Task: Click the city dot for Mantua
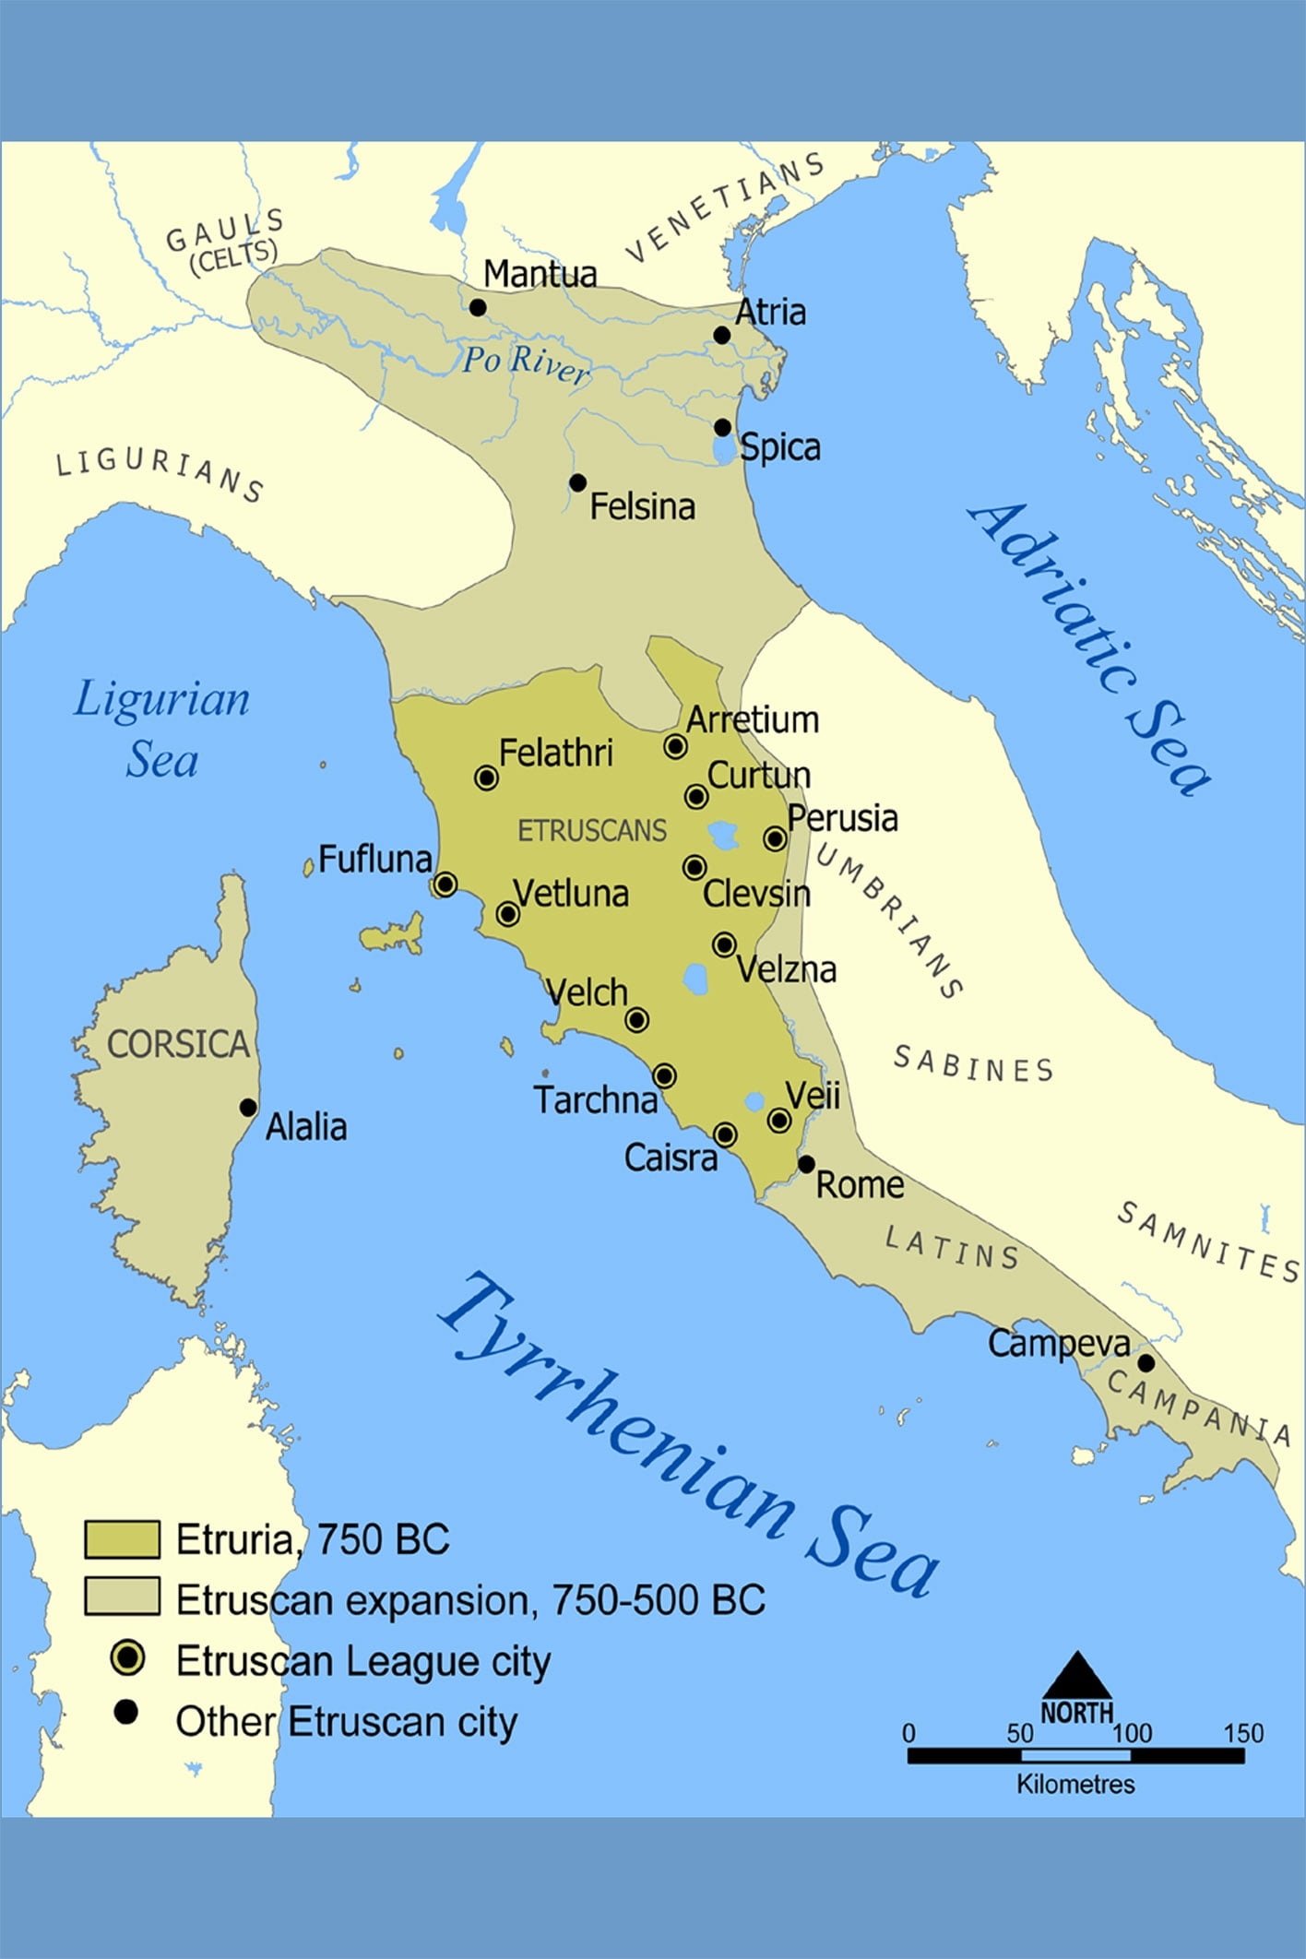[478, 307]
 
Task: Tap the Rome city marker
[806, 1164]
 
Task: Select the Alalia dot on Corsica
[248, 1107]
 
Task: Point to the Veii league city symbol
[779, 1121]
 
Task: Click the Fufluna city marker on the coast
[445, 885]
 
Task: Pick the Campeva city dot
[1146, 1362]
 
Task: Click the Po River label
[524, 362]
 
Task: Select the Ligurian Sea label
[161, 729]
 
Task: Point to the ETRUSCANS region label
[591, 831]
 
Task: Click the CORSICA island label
[178, 1044]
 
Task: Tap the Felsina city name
[642, 506]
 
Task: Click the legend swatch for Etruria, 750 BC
[122, 1539]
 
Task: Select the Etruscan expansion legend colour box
[122, 1597]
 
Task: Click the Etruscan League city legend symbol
[126, 1658]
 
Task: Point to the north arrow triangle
[1075, 1676]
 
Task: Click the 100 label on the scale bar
[1133, 1733]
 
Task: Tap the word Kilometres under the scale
[1075, 1784]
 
